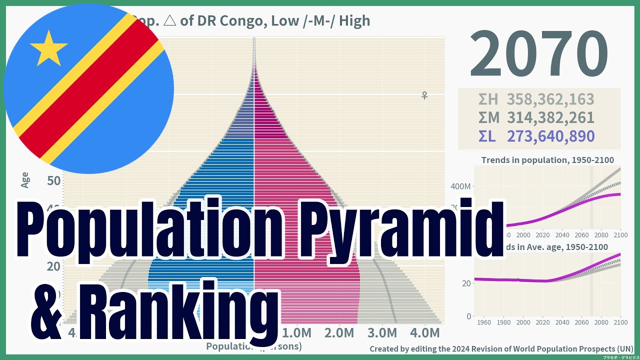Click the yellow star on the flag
tap(48, 48)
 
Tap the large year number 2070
tap(538, 54)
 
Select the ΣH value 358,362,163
tap(550, 99)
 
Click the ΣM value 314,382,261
tap(550, 117)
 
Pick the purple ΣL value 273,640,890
tap(550, 136)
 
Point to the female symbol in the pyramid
tap(424, 95)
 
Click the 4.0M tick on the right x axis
tap(424, 333)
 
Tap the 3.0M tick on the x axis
tap(382, 333)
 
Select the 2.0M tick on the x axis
tap(339, 333)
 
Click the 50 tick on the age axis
tap(54, 180)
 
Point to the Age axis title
tap(25, 179)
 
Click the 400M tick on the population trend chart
tap(460, 186)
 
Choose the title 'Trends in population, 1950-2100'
tap(547, 160)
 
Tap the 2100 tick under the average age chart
tap(620, 322)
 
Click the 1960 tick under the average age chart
tap(484, 322)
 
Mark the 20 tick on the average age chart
tap(465, 283)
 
